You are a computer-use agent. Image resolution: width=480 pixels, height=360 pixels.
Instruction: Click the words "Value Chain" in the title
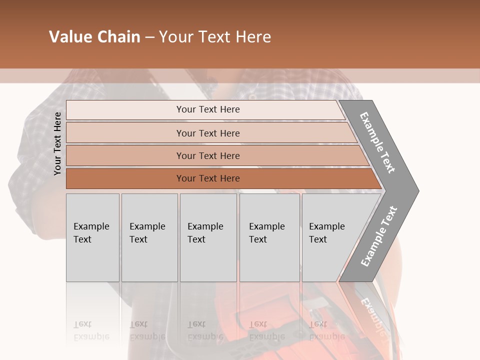point(94,37)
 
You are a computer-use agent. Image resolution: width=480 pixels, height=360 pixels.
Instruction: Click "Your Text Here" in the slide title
point(215,37)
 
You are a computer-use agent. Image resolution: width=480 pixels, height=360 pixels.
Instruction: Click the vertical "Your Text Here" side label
point(57,143)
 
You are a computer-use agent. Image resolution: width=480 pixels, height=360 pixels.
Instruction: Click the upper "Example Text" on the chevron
point(377,142)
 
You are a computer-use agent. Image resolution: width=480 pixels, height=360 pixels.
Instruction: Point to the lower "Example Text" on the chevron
point(379,236)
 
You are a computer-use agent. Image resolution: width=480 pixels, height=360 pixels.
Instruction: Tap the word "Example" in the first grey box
point(91,226)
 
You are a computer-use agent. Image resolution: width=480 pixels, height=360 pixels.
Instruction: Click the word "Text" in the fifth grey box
point(317,239)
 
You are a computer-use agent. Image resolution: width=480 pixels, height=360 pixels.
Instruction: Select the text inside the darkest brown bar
point(208,178)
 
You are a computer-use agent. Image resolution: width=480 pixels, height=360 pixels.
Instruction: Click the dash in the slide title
point(149,37)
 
